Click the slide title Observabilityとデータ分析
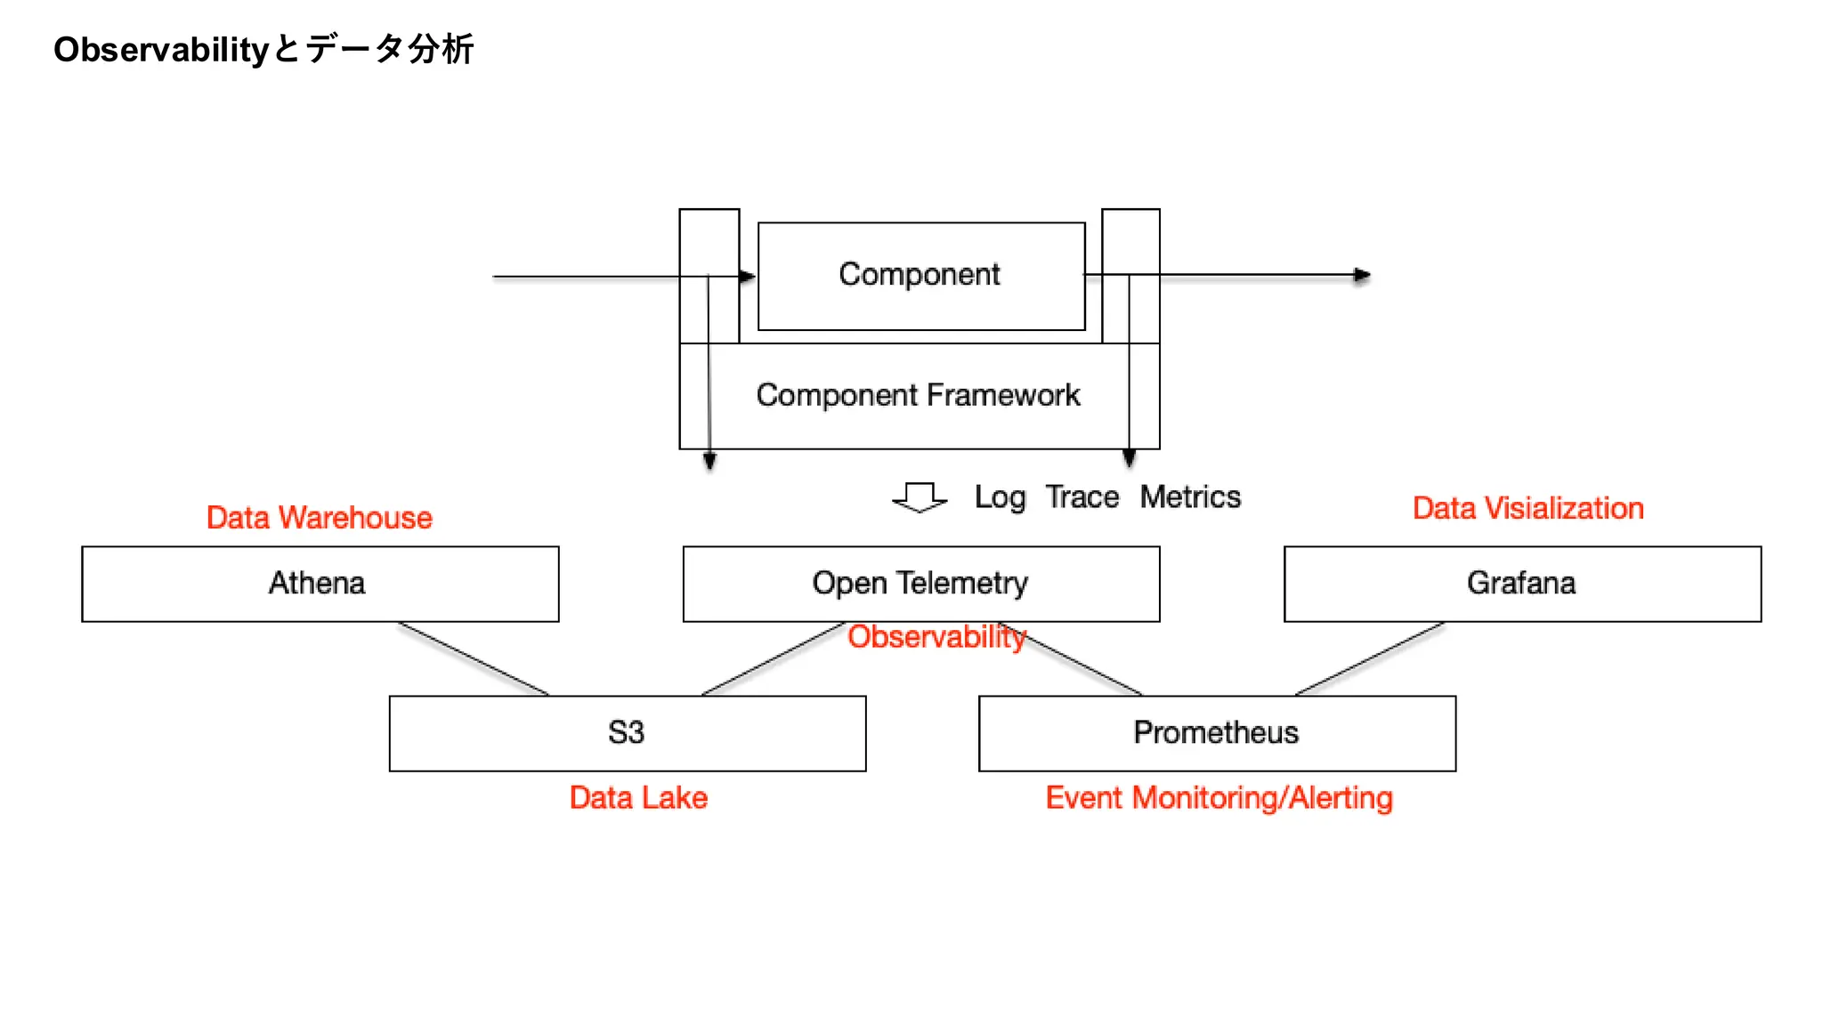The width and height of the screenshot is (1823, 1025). [x=263, y=49]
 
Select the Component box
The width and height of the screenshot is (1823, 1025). [x=920, y=275]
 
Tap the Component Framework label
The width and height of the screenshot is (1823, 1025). [x=918, y=395]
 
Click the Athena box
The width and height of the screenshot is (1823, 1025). [x=320, y=584]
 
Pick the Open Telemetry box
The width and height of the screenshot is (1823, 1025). [x=920, y=584]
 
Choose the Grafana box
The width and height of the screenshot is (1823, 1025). [x=1521, y=584]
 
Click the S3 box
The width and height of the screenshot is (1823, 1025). [x=627, y=733]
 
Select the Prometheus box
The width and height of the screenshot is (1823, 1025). [x=1216, y=733]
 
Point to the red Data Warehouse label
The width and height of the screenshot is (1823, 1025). [x=319, y=518]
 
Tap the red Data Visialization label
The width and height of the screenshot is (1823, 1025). [x=1527, y=508]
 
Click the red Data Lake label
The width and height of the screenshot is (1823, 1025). [x=638, y=798]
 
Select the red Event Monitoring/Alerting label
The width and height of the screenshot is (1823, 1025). [x=1219, y=798]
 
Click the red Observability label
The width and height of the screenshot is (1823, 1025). [x=936, y=637]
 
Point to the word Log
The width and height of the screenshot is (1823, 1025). [x=1000, y=497]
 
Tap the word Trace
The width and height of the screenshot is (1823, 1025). [x=1082, y=497]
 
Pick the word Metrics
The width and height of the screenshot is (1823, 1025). [x=1190, y=497]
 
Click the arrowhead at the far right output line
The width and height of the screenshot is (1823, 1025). [x=1362, y=276]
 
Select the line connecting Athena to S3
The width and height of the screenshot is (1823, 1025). [x=474, y=659]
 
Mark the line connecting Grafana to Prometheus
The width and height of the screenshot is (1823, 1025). [x=1369, y=659]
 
